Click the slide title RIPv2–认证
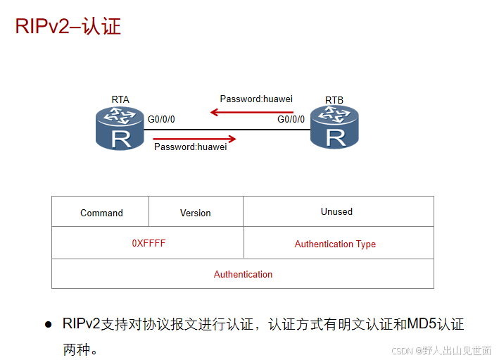click(x=68, y=27)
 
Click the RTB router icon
click(x=334, y=128)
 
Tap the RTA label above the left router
click(x=120, y=99)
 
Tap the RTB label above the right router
click(x=334, y=100)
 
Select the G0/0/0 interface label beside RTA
click(x=161, y=119)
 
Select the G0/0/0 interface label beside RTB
click(x=291, y=119)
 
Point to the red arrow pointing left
click(x=251, y=111)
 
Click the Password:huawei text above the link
click(x=256, y=99)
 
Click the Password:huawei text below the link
click(x=190, y=147)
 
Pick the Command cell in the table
click(x=101, y=213)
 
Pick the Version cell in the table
click(x=196, y=213)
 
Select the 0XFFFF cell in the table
click(x=149, y=243)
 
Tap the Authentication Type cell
click(x=335, y=244)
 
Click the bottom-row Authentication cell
click(x=243, y=274)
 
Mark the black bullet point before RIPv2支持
click(x=49, y=325)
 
